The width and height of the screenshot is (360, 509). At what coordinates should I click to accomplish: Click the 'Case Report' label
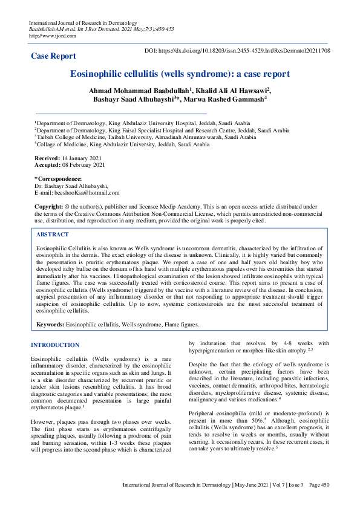click(54, 56)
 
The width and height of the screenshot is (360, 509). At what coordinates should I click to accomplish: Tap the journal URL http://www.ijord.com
click(53, 36)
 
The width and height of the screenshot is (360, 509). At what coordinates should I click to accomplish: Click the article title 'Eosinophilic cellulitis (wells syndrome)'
click(180, 74)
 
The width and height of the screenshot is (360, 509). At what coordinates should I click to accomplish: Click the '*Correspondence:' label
click(58, 179)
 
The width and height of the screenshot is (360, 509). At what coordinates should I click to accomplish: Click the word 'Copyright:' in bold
click(50, 207)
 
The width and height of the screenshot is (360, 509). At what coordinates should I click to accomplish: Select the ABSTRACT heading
click(53, 234)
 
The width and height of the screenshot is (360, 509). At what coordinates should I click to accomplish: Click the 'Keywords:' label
click(50, 325)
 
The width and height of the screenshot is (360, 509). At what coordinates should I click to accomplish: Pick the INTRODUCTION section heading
click(55, 345)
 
